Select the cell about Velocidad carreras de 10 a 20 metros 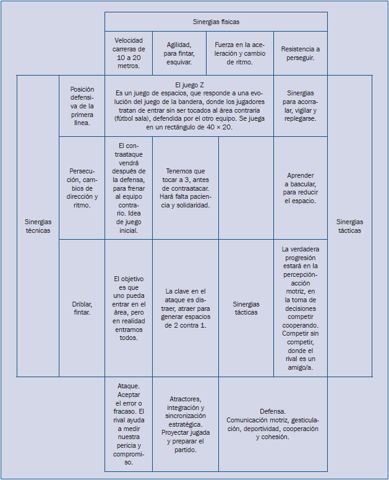point(129,53)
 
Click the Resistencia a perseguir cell point(301,53)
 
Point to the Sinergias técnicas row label point(38,226)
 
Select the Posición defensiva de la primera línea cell point(82,106)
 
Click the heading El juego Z point(189,84)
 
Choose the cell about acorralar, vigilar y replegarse point(301,106)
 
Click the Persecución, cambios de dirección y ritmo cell point(82,188)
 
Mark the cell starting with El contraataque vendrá point(129,188)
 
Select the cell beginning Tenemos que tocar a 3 point(185,188)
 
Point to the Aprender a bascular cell point(301,188)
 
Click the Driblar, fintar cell point(82,308)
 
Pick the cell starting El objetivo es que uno point(129,308)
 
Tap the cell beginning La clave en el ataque point(185,308)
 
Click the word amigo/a point(300,367)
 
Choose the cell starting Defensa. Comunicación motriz point(272,424)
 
